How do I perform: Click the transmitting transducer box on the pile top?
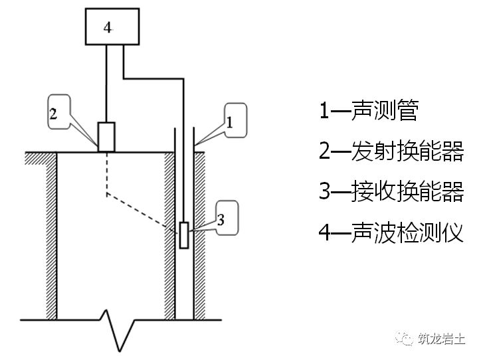coord(106,137)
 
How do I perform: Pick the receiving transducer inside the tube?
coord(183,235)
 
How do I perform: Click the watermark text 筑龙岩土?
coord(444,339)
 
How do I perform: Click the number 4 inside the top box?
coord(108,27)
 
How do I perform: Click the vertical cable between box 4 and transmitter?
coord(106,83)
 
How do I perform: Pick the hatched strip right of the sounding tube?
coord(201,232)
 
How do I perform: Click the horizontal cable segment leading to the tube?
coord(153,79)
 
